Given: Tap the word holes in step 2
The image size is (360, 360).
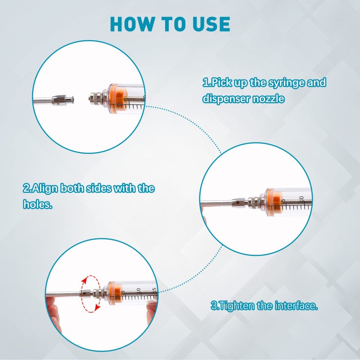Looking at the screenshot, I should [x=37, y=204].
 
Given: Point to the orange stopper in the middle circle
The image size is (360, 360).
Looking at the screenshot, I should [x=274, y=200].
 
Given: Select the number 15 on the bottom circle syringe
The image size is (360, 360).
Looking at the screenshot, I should [x=154, y=289].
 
